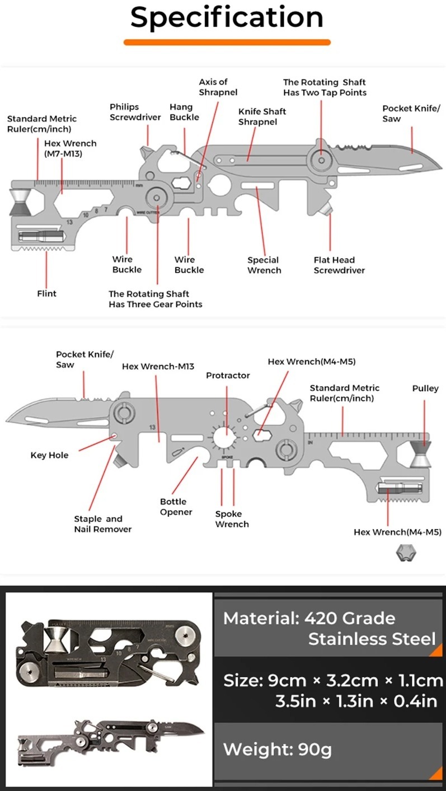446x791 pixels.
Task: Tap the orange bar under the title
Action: coord(227,42)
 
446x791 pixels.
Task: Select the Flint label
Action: coord(46,293)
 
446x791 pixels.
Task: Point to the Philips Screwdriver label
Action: coord(135,112)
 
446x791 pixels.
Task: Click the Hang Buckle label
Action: coord(184,112)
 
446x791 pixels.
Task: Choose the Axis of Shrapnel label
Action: coord(218,87)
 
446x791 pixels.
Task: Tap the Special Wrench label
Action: coord(264,265)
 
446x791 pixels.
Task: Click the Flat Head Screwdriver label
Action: coord(339,265)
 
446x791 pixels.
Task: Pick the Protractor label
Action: coord(228,375)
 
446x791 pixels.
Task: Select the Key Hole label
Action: coord(49,455)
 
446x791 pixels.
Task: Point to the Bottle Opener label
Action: coord(176,507)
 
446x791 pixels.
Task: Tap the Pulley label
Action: coord(425,389)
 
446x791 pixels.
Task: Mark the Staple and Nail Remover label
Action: coord(102,524)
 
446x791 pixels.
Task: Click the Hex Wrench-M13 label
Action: coord(158,367)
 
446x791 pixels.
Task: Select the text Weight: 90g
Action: coord(278,749)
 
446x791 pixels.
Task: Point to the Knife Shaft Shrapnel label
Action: coord(262,116)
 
